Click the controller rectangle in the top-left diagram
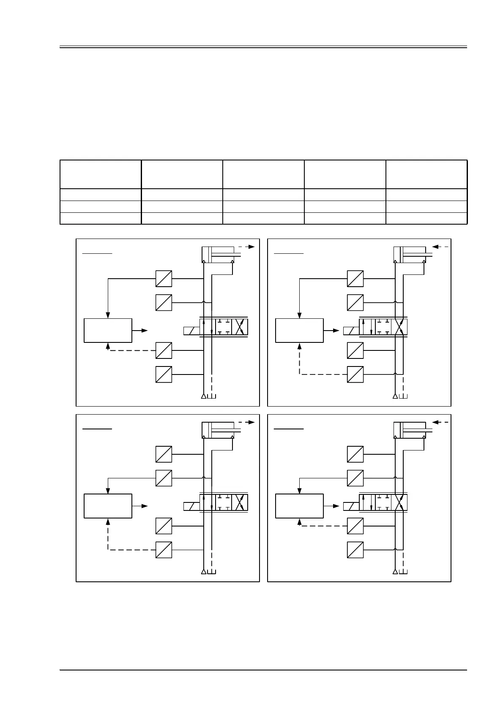(x=108, y=330)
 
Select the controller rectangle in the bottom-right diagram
(x=299, y=505)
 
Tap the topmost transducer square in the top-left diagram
(x=164, y=279)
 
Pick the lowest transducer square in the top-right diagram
(x=355, y=374)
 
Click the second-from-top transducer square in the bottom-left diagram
(x=164, y=478)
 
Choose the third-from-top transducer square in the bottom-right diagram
(x=355, y=526)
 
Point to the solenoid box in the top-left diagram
(x=191, y=331)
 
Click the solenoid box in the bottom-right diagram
(x=351, y=506)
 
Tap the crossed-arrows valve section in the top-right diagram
(x=399, y=327)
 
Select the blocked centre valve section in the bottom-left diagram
(x=224, y=502)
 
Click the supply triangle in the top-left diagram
(x=204, y=396)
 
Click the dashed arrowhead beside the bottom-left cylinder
(x=252, y=422)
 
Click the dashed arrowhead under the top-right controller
(x=300, y=345)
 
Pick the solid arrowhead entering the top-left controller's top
(x=108, y=315)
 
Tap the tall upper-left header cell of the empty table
(x=100, y=174)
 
